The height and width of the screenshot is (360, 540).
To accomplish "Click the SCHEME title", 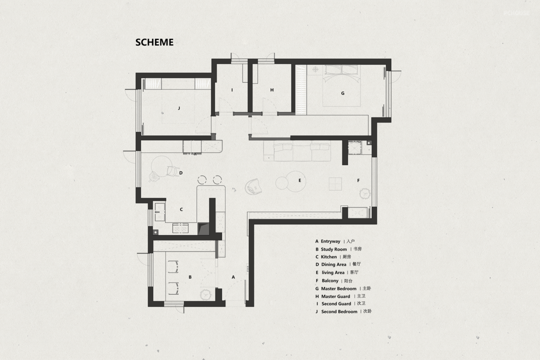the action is (154, 42).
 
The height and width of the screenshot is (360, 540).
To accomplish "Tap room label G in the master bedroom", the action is (342, 93).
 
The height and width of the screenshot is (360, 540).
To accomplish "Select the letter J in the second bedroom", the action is (178, 108).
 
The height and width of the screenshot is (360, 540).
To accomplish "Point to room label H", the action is (271, 90).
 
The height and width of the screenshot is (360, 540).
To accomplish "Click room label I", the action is (232, 90).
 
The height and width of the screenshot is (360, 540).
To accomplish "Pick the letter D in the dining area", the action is (181, 173).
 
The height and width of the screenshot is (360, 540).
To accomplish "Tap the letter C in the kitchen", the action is (181, 209).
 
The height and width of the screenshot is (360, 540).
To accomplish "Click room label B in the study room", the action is (190, 277).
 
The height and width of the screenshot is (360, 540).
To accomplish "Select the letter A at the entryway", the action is (233, 277).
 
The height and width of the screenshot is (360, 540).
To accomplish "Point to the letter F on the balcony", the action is (358, 180).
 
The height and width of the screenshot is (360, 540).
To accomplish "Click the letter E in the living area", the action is (299, 180).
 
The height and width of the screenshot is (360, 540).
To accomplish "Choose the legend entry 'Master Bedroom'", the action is (339, 288).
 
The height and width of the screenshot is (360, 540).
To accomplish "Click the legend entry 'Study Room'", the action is (333, 249).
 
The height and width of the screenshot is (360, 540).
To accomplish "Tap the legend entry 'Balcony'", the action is (330, 281).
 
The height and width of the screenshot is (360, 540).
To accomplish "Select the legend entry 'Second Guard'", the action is (336, 303).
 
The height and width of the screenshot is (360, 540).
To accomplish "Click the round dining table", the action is (161, 165).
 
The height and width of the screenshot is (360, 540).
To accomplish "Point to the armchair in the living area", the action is (253, 186).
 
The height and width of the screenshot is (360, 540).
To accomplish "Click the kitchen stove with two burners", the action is (180, 228).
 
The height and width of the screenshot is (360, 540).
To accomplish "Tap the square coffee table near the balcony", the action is (335, 183).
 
